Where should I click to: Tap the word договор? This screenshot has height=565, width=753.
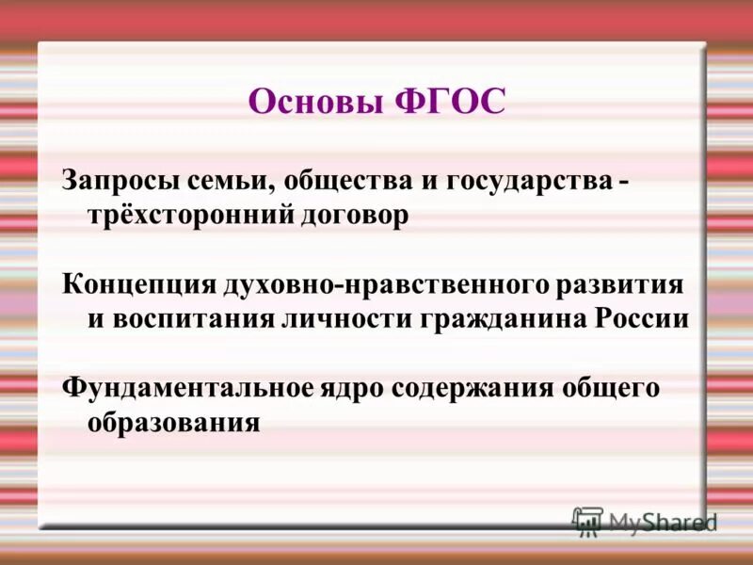[355, 216]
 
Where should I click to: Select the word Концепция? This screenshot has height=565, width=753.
[138, 283]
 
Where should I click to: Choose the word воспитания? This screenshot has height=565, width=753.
[192, 318]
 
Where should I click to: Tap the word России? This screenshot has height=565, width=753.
[643, 318]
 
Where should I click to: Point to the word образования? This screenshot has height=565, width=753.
[173, 423]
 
